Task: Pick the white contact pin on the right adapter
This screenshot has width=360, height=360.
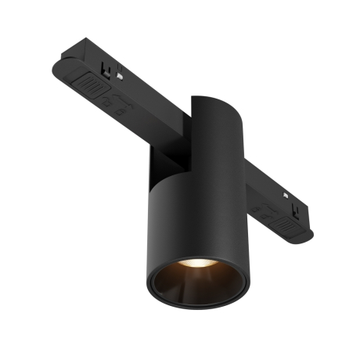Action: [x=297, y=211]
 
